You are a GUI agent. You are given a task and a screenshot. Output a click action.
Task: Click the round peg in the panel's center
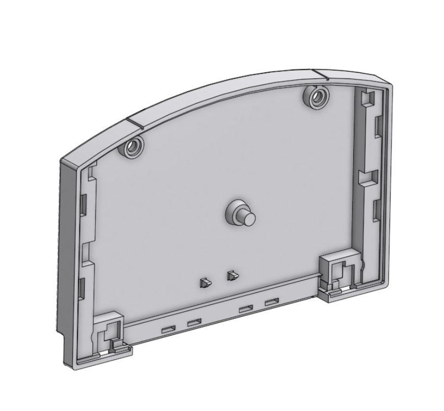247,216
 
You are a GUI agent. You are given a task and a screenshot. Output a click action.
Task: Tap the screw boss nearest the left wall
134,147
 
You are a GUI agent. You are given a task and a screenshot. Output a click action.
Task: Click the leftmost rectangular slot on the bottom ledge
169,330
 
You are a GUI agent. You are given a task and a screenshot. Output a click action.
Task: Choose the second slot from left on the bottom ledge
194,323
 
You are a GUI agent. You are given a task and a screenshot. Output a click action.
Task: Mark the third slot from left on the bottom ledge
246,309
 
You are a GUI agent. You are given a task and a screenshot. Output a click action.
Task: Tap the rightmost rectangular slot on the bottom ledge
271,302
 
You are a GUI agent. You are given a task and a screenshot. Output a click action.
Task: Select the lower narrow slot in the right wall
377,210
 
